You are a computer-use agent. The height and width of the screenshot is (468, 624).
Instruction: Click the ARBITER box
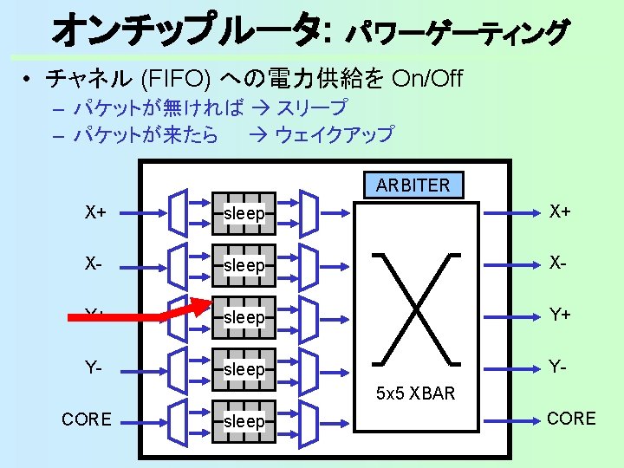[x=413, y=185]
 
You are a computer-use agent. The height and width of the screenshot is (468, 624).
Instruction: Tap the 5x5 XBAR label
[x=415, y=394]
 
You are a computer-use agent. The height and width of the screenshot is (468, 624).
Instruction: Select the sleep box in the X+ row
[x=244, y=213]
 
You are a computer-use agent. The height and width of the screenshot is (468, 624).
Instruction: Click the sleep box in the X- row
[x=244, y=265]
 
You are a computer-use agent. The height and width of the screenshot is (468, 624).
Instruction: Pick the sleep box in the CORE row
[x=244, y=421]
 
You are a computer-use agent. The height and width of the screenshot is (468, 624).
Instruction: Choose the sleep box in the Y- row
[x=244, y=369]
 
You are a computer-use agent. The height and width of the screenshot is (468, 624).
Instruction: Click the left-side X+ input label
[x=96, y=211]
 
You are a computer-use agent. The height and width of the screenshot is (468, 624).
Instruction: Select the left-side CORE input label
[x=87, y=419]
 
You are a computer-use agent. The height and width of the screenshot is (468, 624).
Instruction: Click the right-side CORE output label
[x=571, y=419]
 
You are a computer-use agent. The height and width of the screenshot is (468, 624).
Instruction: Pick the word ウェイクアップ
[x=334, y=134]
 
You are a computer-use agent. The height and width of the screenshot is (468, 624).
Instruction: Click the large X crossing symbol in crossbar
[x=415, y=308]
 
